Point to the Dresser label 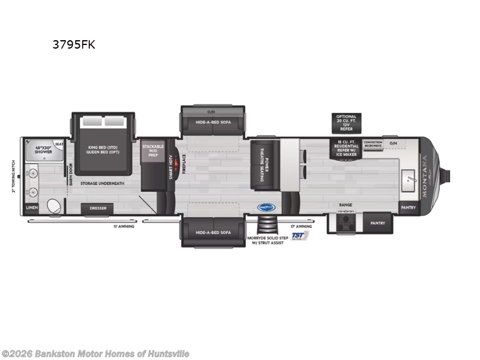[x=98, y=208]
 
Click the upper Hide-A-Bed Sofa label [x=212, y=122]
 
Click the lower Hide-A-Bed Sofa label [x=213, y=232]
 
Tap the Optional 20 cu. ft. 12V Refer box [x=346, y=122]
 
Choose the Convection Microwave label [x=373, y=144]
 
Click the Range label [x=346, y=205]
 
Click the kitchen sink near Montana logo [x=409, y=177]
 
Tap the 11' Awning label [x=124, y=226]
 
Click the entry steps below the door [x=264, y=226]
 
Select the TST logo [x=298, y=236]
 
